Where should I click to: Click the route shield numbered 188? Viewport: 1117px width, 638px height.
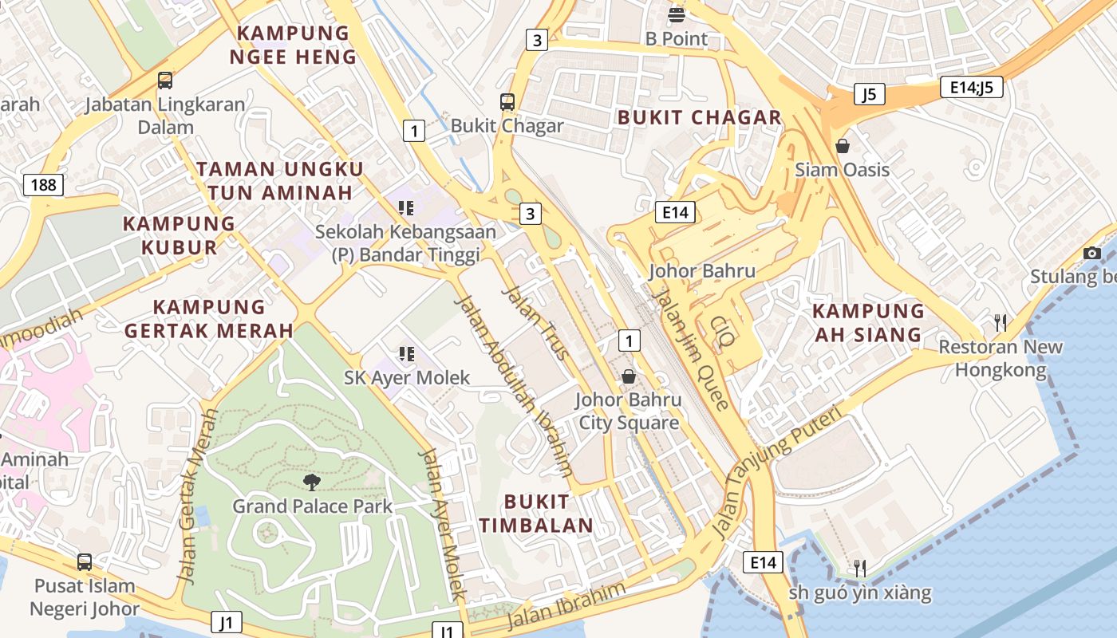(x=44, y=186)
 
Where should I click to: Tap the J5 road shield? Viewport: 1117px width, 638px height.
(x=869, y=94)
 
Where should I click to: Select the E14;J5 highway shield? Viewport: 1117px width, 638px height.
(x=971, y=87)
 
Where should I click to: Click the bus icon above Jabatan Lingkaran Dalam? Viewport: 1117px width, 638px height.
(x=165, y=81)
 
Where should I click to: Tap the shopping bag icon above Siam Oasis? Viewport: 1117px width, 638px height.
(x=842, y=146)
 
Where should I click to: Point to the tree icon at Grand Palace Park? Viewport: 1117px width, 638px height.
(x=312, y=482)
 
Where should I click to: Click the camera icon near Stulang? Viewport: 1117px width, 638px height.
(x=1092, y=253)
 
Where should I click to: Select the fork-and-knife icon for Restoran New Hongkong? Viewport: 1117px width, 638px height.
(x=1000, y=322)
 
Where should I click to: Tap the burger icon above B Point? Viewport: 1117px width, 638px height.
(x=677, y=14)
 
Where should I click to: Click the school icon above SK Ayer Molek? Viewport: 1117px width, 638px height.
(x=406, y=352)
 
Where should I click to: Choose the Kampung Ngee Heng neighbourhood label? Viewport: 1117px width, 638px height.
(x=294, y=45)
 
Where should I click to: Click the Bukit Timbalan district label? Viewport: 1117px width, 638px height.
(x=548, y=513)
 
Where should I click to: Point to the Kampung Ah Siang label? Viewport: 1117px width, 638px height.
(x=868, y=322)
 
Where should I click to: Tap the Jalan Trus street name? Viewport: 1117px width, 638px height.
(x=534, y=322)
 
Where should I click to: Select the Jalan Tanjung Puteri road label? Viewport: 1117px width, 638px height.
(x=776, y=471)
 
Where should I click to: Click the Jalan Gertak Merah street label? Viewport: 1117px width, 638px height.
(x=197, y=496)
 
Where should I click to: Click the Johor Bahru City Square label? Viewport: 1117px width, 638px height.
(x=629, y=411)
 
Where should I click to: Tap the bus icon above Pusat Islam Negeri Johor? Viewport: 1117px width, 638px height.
(x=85, y=561)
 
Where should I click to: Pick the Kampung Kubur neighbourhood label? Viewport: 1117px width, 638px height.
(x=179, y=234)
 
